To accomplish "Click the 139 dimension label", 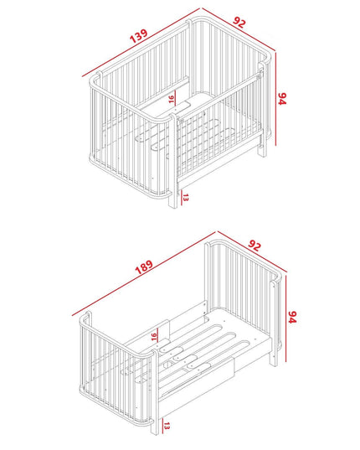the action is coord(139,35).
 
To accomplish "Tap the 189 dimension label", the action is coord(144,267).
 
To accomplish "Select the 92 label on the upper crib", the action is coord(239,23).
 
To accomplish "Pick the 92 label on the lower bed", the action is coord(255,246).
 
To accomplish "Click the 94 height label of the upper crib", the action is coord(282,98).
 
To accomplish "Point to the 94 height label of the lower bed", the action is coord(292,317).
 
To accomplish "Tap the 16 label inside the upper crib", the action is coord(171,99).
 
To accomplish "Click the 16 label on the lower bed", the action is coord(154,336).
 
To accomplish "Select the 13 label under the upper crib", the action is coord(186,198).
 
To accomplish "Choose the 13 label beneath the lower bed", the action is coord(167,426).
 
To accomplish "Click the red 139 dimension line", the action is coord(141,42).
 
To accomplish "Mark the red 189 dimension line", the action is coord(143,274).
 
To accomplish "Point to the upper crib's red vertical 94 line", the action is coord(275,98).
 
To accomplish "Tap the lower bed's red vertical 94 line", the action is coord(286,317).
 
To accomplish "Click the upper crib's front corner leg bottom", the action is coord(172,207).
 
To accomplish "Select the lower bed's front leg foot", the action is coord(155,432).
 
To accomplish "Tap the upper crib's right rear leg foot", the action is coord(262,154).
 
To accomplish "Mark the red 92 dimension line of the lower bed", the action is coord(252,251).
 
